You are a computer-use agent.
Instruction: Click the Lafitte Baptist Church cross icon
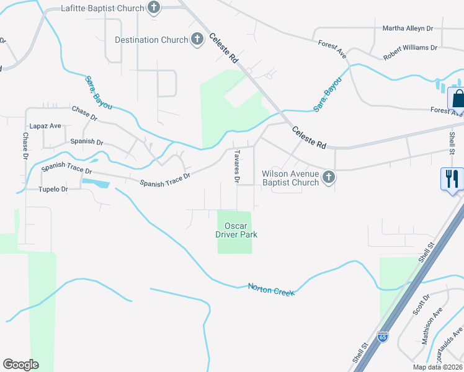(154, 9)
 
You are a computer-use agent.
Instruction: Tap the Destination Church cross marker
(197, 40)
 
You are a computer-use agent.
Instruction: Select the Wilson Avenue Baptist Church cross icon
(329, 178)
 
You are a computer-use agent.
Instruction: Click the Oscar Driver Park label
(236, 231)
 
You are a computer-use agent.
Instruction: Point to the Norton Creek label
(271, 289)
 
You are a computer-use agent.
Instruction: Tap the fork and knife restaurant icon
(452, 180)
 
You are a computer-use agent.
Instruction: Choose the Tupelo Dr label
(53, 189)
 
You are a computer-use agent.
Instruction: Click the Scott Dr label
(421, 305)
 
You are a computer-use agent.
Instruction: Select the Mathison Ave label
(433, 325)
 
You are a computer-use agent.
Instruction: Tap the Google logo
(20, 365)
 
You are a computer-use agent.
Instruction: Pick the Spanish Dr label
(87, 142)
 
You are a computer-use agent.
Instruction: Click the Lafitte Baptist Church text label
(103, 9)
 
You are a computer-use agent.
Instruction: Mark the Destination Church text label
(151, 40)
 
